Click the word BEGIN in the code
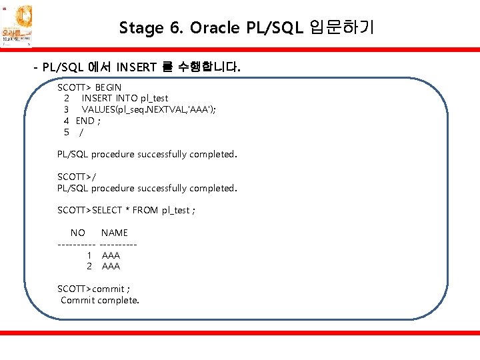pyautogui.click(x=108, y=87)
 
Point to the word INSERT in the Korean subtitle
pyautogui.click(x=136, y=67)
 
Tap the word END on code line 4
pyautogui.click(x=85, y=121)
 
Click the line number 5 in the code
pyautogui.click(x=67, y=132)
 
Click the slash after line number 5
pyautogui.click(x=81, y=132)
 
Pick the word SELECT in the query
pyautogui.click(x=107, y=210)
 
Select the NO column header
pyautogui.click(x=78, y=233)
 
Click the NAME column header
pyautogui.click(x=115, y=233)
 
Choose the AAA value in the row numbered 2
pyautogui.click(x=111, y=266)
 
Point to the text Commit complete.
pyautogui.click(x=100, y=300)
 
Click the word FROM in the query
pyautogui.click(x=145, y=210)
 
